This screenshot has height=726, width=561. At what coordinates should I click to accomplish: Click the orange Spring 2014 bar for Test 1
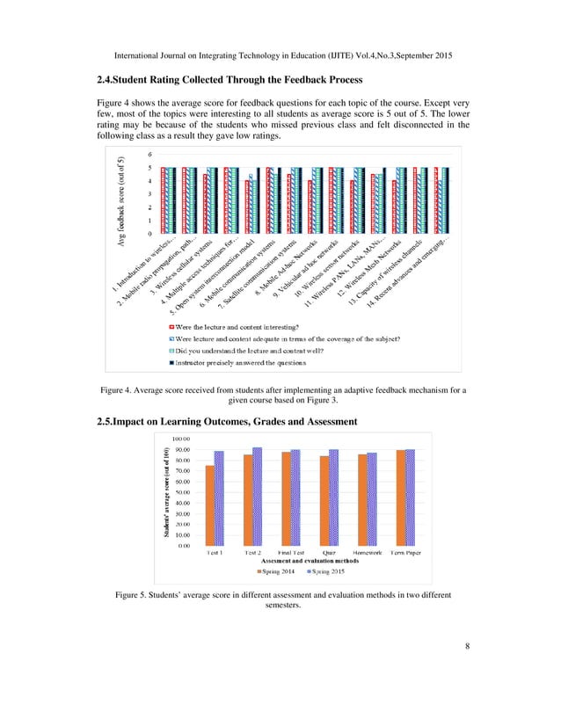click(209, 505)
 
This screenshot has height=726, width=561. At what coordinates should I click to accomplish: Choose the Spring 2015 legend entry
click(327, 571)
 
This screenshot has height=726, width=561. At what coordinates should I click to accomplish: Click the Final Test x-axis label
click(290, 554)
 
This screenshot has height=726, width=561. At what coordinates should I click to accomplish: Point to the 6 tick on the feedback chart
click(150, 155)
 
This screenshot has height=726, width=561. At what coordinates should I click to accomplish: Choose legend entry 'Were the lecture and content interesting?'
click(246, 325)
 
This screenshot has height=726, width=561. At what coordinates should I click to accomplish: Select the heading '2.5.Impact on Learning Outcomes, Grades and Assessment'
click(226, 422)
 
